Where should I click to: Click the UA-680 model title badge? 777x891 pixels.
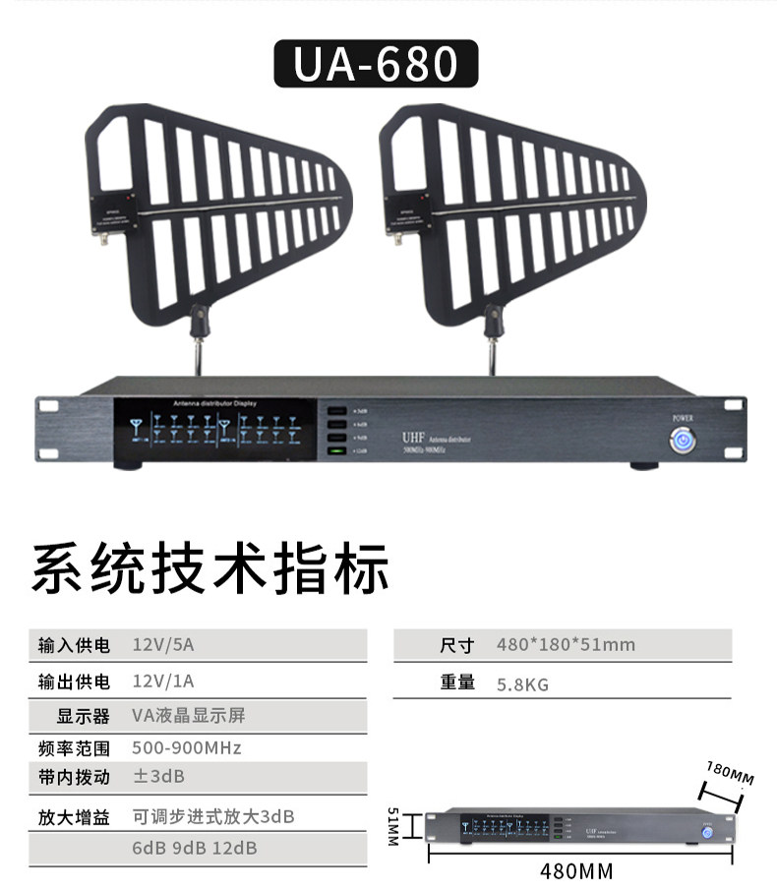(376, 64)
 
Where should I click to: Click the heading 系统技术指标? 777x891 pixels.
(210, 569)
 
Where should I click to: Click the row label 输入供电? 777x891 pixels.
(74, 645)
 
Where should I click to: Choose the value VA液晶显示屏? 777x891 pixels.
(188, 715)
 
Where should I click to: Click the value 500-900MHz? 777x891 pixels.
(186, 747)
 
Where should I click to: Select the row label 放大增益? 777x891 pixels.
(74, 816)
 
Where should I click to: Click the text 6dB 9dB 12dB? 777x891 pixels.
(194, 848)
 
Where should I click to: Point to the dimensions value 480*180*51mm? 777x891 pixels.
(566, 645)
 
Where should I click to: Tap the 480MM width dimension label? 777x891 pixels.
(576, 871)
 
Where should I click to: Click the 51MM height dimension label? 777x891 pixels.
(392, 827)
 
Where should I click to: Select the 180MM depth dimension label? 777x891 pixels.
(730, 773)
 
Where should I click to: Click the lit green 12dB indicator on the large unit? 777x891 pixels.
(338, 451)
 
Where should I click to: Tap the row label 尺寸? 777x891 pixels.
(457, 645)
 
